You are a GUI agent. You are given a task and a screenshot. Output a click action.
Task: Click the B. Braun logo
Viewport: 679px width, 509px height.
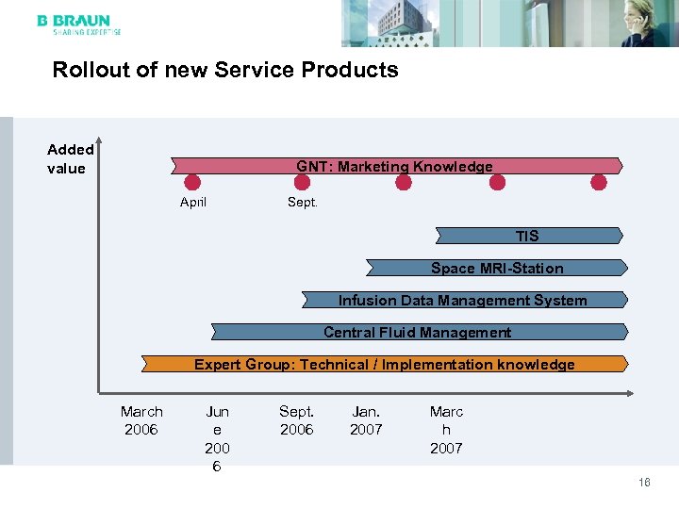78,25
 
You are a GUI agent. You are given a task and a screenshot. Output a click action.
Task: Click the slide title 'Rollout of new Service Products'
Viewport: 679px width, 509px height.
225,70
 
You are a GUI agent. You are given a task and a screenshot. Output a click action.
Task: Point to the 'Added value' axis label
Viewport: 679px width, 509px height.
70,158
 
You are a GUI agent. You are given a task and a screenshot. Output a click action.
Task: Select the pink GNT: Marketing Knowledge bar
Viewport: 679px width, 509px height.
395,166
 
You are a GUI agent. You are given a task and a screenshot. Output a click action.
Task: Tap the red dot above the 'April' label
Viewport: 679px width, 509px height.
193,182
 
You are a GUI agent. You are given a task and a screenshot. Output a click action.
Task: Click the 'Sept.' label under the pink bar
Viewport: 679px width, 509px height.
302,203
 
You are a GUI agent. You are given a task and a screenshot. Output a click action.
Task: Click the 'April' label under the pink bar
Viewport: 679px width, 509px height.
193,203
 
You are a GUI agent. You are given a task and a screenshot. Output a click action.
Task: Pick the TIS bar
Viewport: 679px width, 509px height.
528,236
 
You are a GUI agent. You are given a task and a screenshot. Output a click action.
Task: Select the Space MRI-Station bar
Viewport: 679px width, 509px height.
496,269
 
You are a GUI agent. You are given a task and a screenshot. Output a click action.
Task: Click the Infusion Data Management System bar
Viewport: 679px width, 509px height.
463,301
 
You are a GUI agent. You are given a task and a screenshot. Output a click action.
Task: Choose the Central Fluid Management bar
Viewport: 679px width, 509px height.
418,332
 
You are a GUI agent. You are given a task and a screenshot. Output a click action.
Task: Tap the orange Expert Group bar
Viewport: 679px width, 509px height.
384,364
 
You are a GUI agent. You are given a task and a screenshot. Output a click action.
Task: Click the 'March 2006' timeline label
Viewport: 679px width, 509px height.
141,420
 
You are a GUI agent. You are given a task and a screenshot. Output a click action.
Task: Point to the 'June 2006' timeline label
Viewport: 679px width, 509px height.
217,438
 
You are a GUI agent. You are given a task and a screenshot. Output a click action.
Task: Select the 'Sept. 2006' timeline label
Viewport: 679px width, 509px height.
297,420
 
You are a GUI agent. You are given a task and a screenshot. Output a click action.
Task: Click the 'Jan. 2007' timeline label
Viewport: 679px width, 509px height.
366,420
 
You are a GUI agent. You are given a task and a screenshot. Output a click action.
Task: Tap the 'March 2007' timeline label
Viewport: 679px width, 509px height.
446,429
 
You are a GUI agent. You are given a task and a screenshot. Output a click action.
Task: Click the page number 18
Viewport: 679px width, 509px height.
644,482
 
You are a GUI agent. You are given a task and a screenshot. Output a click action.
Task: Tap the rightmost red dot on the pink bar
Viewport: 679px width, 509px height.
599,182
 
